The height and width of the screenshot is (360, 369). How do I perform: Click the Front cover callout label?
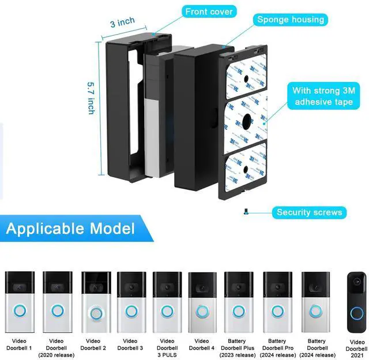(x=209, y=12)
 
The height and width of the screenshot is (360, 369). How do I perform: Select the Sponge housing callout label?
(x=291, y=20)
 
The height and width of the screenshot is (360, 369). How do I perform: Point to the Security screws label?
(x=309, y=212)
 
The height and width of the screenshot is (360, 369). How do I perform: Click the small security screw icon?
(x=246, y=212)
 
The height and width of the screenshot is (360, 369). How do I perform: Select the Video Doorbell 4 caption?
(x=202, y=344)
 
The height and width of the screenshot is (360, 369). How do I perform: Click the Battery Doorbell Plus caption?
(x=238, y=347)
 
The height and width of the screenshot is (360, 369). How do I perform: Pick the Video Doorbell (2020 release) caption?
(x=56, y=347)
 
